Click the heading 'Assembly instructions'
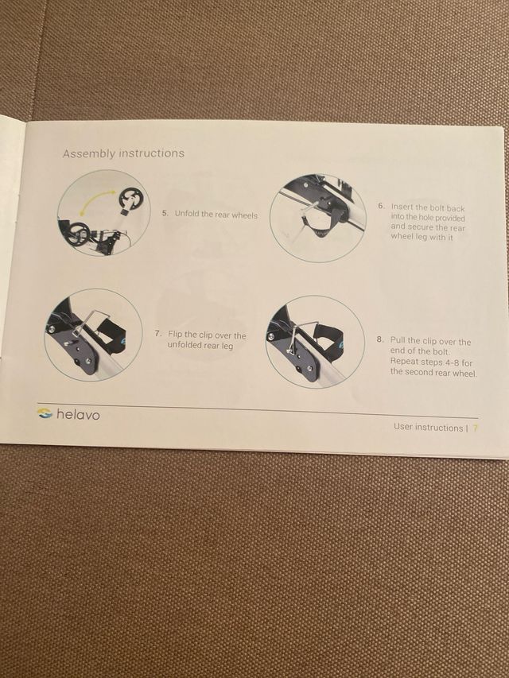(123, 153)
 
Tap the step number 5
(165, 213)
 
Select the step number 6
(380, 206)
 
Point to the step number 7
(158, 334)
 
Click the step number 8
(379, 340)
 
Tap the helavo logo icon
(45, 413)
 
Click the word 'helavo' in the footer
(78, 415)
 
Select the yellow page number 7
(476, 428)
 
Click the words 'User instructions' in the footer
(428, 427)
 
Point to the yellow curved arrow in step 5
(96, 198)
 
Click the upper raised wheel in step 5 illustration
(130, 200)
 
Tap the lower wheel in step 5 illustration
(77, 234)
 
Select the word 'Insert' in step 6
(402, 207)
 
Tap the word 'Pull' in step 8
(398, 340)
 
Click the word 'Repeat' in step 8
(405, 362)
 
